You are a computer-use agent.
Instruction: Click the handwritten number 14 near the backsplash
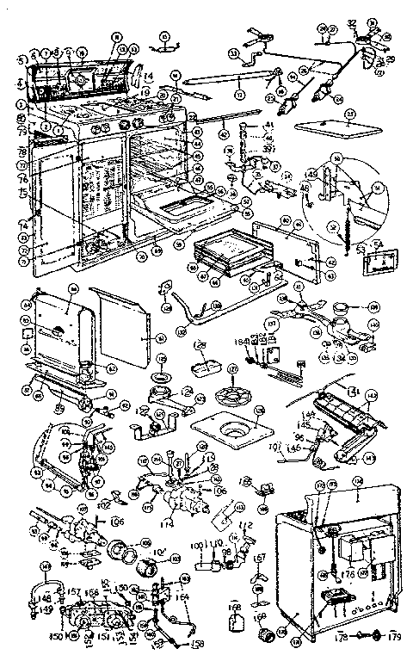coord(147,76)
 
